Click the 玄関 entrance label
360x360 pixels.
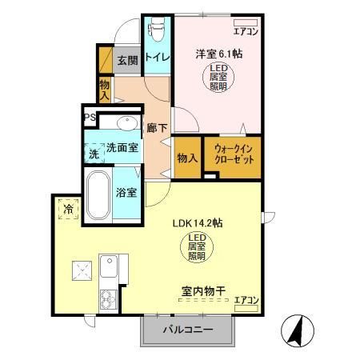(x=127, y=60)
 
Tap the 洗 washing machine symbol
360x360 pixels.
(x=94, y=151)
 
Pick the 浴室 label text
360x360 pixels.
(x=126, y=193)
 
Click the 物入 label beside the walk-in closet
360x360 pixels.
(x=187, y=158)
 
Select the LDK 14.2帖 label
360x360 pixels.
(x=198, y=224)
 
